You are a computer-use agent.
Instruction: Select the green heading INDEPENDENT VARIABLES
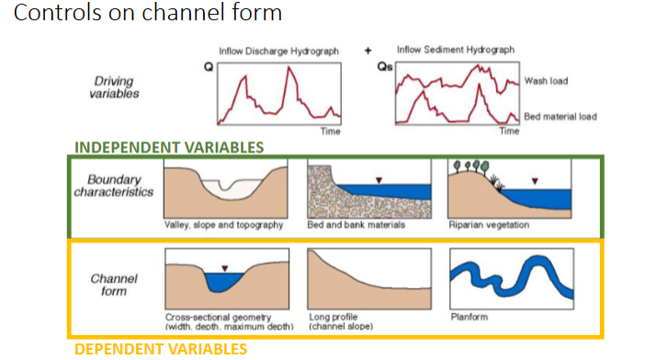coord(169,147)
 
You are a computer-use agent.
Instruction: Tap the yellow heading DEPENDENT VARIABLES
coord(160,349)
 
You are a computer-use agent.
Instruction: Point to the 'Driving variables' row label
coord(113,87)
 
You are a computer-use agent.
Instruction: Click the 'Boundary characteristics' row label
coord(113,186)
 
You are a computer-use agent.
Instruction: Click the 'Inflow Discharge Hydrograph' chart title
coord(277,51)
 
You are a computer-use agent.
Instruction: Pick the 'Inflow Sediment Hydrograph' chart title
coord(450,49)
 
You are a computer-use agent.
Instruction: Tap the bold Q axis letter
coord(209,67)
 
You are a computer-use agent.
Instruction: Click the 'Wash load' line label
coord(545,81)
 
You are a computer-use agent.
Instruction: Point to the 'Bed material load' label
coord(560,117)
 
